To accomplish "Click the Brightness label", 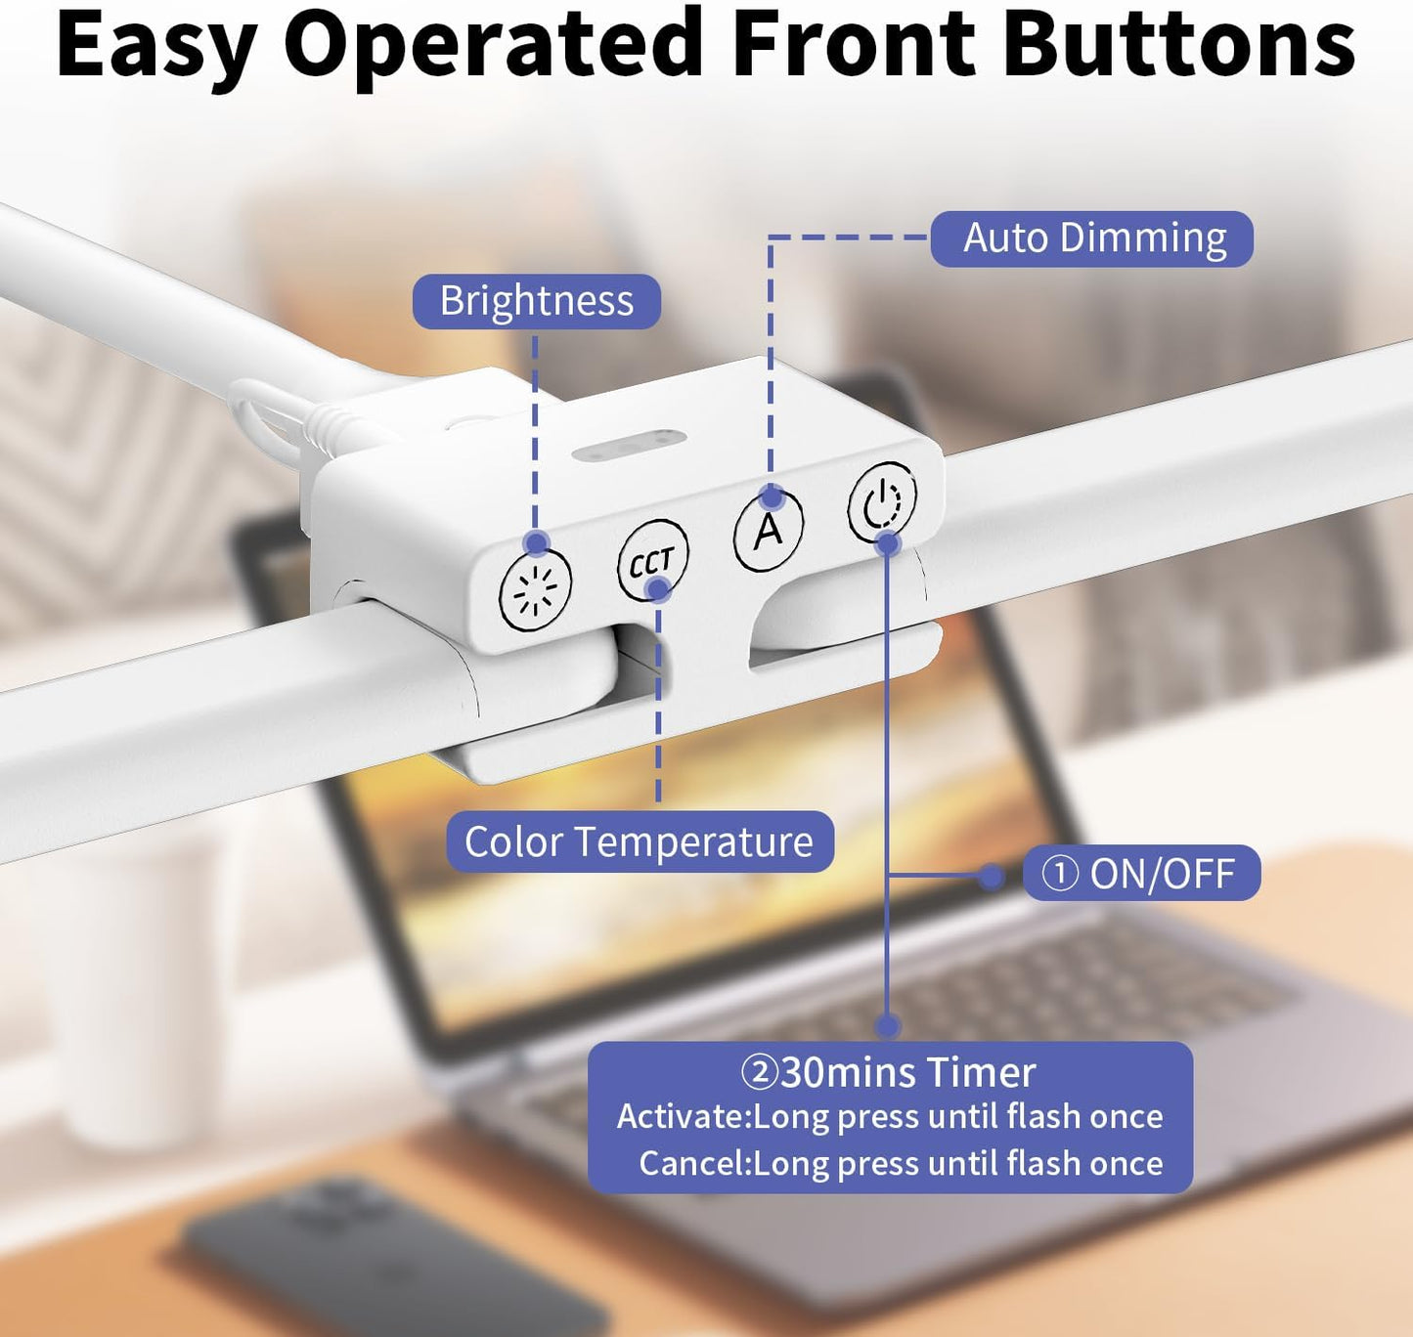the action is point(536,301).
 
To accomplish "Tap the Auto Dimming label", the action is point(1091,238).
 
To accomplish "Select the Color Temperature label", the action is point(640,841).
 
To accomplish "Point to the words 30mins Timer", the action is point(908,1072).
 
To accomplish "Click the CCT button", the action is point(652,561).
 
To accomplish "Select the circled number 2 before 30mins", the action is point(761,1073).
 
